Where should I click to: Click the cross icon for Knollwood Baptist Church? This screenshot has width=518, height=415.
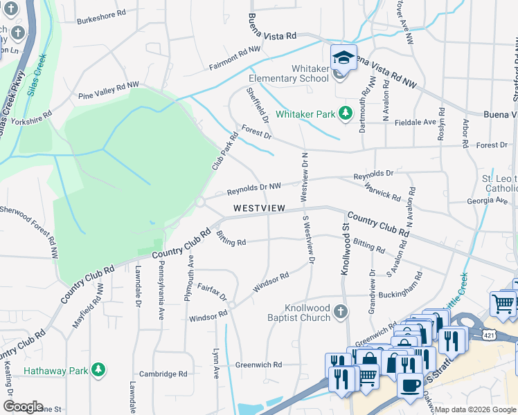pos(339,312)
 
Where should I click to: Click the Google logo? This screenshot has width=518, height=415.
pos(23,407)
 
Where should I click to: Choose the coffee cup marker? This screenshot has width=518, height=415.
pos(410,385)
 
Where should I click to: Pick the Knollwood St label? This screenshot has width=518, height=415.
pos(344,249)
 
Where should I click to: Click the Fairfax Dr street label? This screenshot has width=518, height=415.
pos(213,291)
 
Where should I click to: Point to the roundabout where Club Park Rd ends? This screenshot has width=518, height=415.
pos(199,201)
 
